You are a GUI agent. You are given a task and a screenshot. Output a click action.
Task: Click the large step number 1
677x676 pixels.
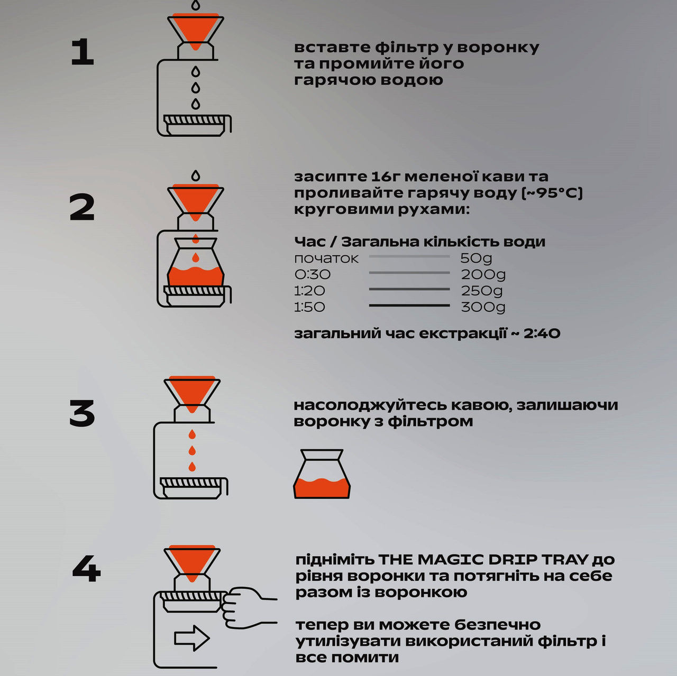tap(83, 52)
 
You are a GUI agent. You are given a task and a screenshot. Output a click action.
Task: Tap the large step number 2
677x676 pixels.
tap(82, 207)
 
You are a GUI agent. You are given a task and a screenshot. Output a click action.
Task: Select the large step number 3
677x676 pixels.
tap(82, 413)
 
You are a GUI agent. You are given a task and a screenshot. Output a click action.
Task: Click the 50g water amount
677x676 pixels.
tap(476, 258)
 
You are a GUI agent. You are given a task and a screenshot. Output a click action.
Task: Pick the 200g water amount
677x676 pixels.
tap(483, 275)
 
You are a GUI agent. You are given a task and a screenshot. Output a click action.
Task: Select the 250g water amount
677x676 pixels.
tap(482, 291)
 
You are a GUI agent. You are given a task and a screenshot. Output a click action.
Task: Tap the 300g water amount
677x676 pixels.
tap(483, 307)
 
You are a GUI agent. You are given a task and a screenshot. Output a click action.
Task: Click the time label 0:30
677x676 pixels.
tap(313, 274)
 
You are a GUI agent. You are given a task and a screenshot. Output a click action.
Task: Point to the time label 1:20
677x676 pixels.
tap(309, 291)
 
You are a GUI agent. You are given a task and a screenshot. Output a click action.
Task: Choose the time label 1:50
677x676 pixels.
tap(309, 307)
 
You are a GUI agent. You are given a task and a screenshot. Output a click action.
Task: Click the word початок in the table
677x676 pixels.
tap(326, 258)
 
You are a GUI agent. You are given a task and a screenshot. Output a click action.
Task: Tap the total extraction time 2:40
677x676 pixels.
tap(542, 334)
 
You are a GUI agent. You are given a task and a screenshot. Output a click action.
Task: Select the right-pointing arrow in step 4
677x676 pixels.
tap(192, 638)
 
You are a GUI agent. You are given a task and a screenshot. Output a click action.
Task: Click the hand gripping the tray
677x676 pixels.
tap(248, 608)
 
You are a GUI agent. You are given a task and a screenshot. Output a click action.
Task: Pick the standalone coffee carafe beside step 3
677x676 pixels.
tap(322, 474)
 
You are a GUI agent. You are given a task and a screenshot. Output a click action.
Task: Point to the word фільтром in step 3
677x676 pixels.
tap(431, 421)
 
